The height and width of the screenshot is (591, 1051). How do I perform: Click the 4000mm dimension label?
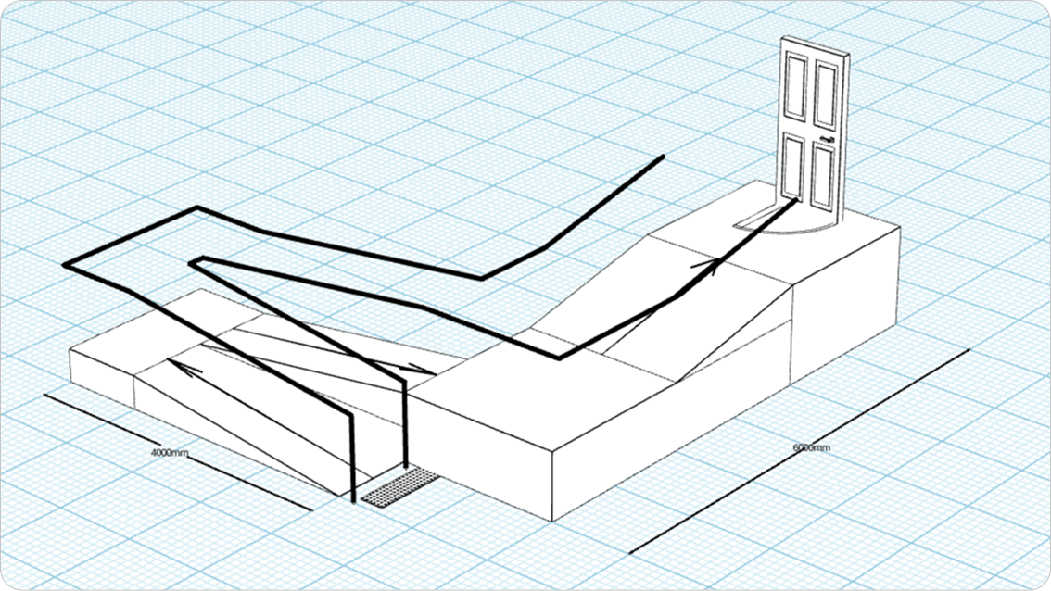tap(170, 453)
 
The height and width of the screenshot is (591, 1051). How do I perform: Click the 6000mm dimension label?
tap(812, 447)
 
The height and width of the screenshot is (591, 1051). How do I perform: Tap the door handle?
tap(825, 139)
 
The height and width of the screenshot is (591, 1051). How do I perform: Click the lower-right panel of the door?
tap(822, 176)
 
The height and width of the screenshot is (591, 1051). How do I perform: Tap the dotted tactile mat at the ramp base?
tap(400, 487)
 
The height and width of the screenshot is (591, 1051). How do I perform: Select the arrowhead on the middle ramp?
tap(422, 369)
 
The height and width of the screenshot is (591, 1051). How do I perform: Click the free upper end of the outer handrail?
tap(663, 157)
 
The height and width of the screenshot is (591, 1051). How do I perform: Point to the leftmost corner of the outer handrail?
tap(65, 265)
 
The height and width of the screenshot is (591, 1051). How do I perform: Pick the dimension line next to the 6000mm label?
tap(799, 452)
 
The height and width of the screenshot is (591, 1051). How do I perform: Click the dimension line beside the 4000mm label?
tap(178, 452)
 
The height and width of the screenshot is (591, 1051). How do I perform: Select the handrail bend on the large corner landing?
tap(560, 358)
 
